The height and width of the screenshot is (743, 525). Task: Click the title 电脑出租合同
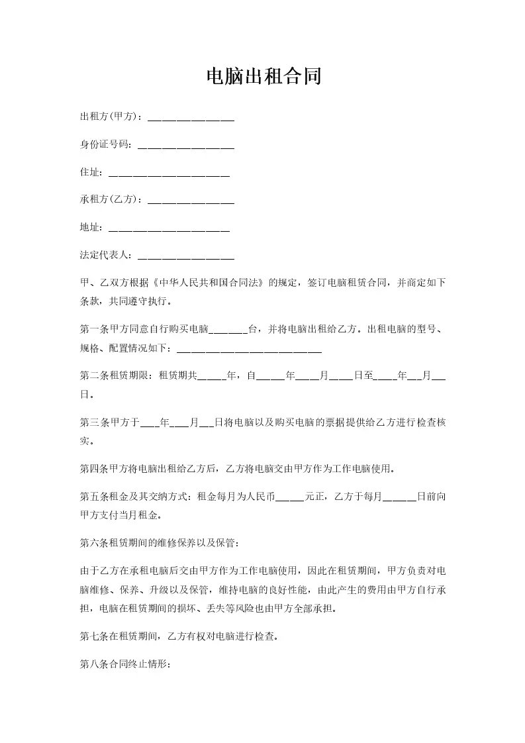263,76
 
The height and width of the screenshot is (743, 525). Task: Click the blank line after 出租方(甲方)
191,119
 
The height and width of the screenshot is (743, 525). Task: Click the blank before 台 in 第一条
228,329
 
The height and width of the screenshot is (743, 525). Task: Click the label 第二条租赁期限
116,376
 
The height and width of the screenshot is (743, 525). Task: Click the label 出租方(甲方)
110,117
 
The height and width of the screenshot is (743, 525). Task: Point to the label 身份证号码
105,144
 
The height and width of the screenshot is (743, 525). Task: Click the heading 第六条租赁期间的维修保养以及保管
157,543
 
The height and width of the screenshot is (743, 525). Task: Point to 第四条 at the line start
93,470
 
